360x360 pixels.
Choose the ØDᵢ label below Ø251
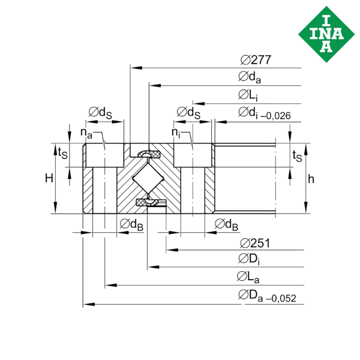tap(249, 259)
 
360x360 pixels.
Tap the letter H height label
tap(49, 177)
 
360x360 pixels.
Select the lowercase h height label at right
tap(310, 178)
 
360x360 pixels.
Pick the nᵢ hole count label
tap(175, 131)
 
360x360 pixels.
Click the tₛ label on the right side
tap(296, 155)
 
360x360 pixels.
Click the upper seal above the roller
tap(147, 155)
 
